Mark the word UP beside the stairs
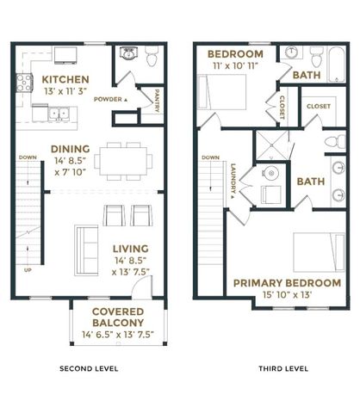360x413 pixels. tap(28, 270)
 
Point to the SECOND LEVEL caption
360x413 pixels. tap(88, 368)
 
